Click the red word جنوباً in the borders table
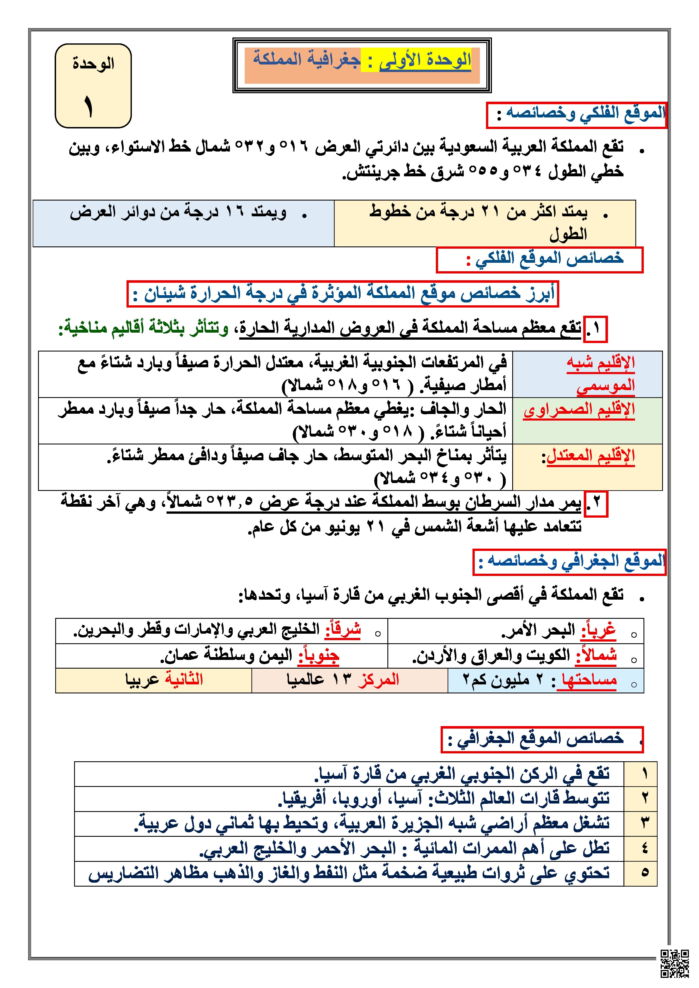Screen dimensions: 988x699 pos(319,656)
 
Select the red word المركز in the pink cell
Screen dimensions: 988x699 pos(378,680)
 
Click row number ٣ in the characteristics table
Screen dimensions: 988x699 pos(644,824)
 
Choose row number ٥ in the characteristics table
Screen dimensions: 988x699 pos(644,874)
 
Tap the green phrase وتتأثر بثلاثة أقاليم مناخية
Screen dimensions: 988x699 pos(144,329)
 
